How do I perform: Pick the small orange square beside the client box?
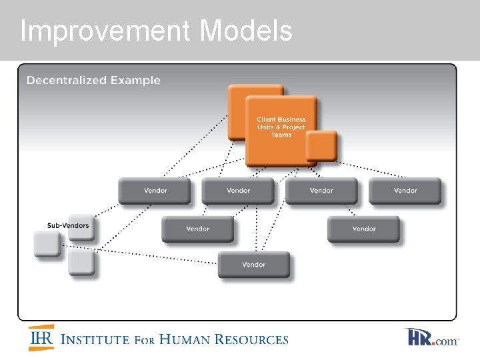coord(321,146)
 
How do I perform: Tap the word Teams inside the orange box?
coord(281,135)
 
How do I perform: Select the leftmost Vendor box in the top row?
coord(155,191)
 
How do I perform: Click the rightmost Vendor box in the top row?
coord(405,191)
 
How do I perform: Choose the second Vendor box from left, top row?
coord(238,191)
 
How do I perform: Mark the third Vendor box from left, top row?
coord(321,191)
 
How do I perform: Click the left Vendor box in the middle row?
coord(197,229)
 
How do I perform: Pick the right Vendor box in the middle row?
coord(363,229)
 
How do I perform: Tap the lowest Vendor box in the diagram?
coord(253,265)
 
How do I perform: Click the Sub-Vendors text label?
coord(67,225)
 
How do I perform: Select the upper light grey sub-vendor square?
coord(47,243)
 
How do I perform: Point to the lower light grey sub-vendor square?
coord(81,263)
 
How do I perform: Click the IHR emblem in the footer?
coord(41,339)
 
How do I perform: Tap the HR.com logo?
coord(431,338)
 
